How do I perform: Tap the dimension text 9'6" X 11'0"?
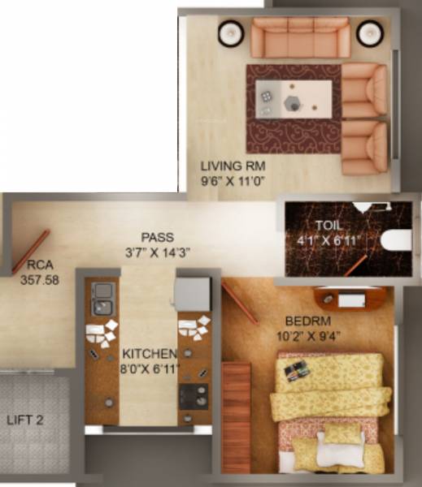point(233,183)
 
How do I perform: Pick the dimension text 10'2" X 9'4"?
point(307,335)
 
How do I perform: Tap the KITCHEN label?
point(150,355)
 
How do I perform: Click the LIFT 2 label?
point(25,420)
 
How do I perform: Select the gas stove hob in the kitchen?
point(195,395)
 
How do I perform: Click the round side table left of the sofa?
point(230,32)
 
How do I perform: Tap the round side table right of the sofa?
point(370,32)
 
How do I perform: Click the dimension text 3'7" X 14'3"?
point(158,252)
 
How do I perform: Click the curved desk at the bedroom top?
point(350,298)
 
